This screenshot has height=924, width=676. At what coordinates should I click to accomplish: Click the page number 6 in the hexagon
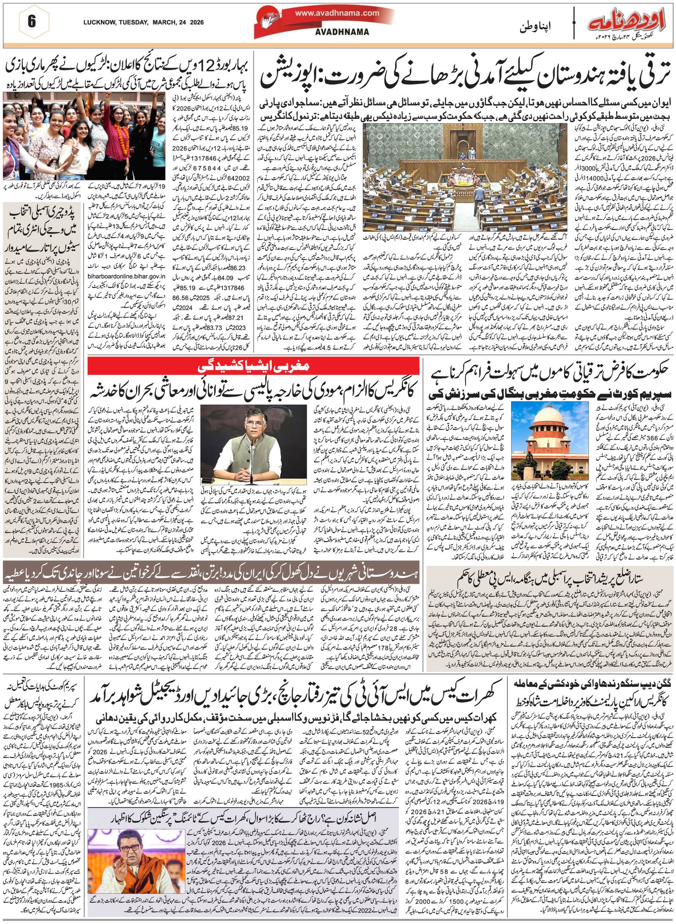pyautogui.click(x=31, y=21)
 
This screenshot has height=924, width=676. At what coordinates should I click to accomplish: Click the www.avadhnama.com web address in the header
pyautogui.click(x=337, y=13)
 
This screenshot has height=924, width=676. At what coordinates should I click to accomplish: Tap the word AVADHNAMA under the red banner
pyautogui.click(x=342, y=32)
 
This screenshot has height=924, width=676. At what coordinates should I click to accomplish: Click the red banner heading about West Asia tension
pyautogui.click(x=253, y=365)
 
